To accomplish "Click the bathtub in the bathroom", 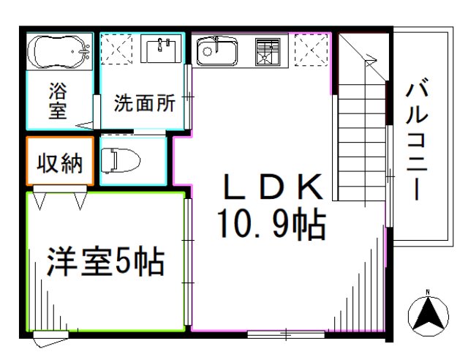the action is point(58,51).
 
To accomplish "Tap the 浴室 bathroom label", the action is point(58,101).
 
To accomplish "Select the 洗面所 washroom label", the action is point(144,103).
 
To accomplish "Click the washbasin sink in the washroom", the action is point(160,50).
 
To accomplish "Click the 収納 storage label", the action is point(60,164).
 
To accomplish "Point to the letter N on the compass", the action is point(428,297).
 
